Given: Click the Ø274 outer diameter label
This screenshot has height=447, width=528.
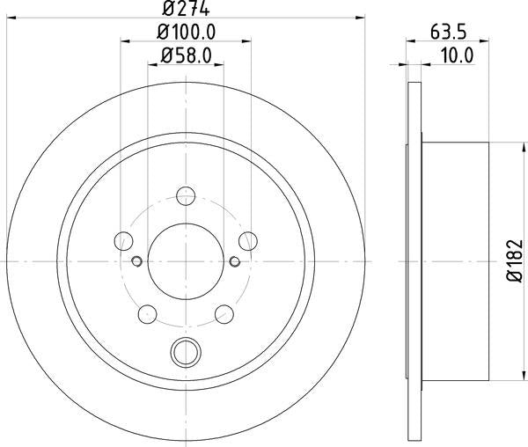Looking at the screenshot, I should pyautogui.click(x=186, y=8).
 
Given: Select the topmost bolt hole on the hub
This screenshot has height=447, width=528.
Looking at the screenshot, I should pyautogui.click(x=186, y=196).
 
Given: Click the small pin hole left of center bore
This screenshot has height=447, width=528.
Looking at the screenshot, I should pyautogui.click(x=136, y=261).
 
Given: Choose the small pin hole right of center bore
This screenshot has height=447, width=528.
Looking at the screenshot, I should pyautogui.click(x=235, y=261).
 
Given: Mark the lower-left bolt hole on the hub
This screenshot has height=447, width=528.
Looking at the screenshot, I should pyautogui.click(x=148, y=313).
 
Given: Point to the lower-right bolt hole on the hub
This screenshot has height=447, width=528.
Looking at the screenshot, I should pyautogui.click(x=224, y=313).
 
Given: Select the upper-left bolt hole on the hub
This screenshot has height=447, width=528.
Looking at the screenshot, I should pyautogui.click(x=124, y=240).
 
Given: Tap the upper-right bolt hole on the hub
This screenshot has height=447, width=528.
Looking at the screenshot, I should pyautogui.click(x=247, y=240).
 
